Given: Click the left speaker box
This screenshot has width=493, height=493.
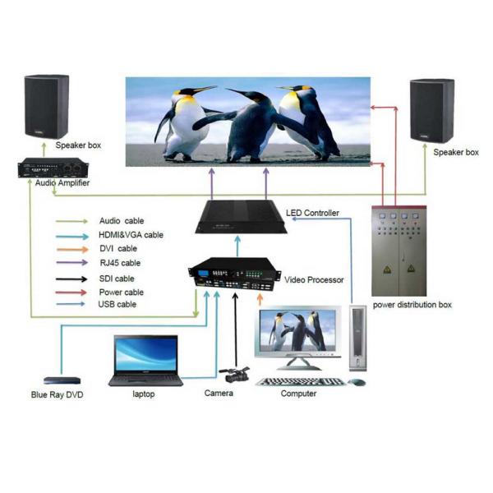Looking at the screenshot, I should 46,107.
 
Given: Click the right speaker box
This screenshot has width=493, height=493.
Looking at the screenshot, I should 432,111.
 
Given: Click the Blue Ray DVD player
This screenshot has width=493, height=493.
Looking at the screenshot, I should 62,380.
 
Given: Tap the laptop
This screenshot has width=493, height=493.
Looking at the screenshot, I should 146,361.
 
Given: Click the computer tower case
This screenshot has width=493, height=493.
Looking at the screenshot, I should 357,337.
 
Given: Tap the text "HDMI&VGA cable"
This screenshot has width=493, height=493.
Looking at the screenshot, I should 131,235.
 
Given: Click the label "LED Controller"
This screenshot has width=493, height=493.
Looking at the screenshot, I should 312,214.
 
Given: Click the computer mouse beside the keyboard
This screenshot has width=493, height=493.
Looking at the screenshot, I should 357,382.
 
